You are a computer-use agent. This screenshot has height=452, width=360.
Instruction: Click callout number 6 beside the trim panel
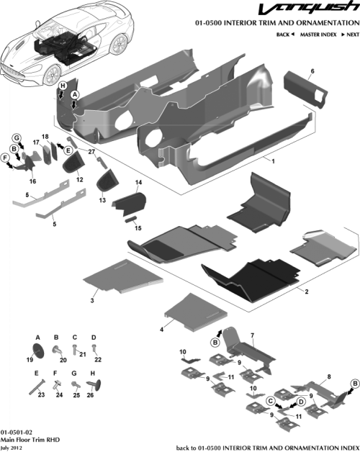312,71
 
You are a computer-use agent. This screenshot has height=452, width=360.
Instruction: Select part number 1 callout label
272,161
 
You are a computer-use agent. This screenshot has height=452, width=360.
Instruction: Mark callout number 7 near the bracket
252,335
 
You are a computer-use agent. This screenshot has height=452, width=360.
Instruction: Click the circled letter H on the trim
63,86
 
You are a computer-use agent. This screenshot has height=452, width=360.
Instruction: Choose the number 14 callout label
138,184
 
